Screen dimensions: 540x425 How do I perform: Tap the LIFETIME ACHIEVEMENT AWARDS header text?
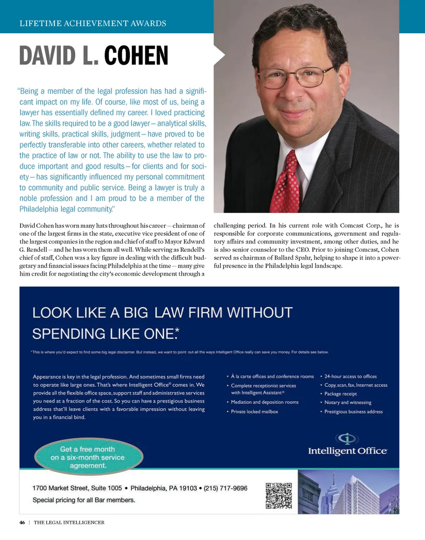point(93,23)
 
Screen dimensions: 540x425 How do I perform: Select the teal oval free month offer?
point(88,457)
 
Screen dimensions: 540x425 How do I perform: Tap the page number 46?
point(22,522)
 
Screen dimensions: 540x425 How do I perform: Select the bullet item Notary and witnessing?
point(348,402)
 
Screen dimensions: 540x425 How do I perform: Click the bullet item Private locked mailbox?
point(254,412)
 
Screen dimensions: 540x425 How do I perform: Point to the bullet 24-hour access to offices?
point(350,376)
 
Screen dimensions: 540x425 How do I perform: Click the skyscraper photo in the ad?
point(348,492)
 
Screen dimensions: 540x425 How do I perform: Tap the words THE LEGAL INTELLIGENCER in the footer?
point(69,522)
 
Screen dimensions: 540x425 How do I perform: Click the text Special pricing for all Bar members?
point(84,501)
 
